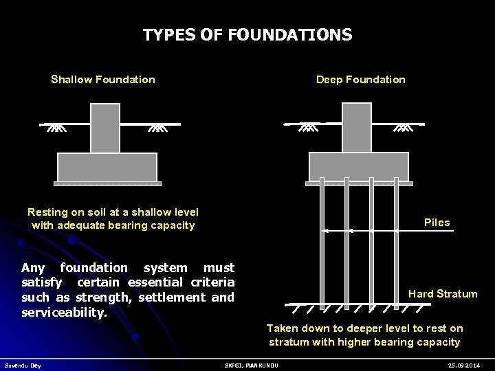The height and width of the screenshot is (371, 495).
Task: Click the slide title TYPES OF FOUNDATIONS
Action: [x=247, y=35]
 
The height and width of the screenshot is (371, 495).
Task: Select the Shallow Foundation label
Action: [x=103, y=80]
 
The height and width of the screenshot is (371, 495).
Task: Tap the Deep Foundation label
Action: [x=360, y=80]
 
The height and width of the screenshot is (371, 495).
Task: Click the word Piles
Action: [x=437, y=223]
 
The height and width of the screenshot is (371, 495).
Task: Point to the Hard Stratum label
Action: [x=443, y=294]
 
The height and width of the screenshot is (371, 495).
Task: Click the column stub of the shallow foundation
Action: [x=105, y=128]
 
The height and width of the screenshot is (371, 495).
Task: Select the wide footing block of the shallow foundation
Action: [x=107, y=167]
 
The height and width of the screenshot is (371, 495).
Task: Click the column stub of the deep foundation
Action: [x=357, y=128]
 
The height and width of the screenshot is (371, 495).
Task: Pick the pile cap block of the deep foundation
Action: [x=359, y=167]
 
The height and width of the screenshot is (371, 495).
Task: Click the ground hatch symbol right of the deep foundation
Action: [x=404, y=127]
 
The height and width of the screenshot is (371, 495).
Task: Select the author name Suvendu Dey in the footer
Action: [x=23, y=366]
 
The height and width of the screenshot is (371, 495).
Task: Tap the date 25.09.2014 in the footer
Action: [x=463, y=366]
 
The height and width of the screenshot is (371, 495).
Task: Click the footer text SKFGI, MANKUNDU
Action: [x=252, y=366]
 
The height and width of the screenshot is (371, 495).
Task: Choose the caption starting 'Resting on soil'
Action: [x=113, y=218]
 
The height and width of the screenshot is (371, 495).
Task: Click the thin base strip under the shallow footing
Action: [x=107, y=184]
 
